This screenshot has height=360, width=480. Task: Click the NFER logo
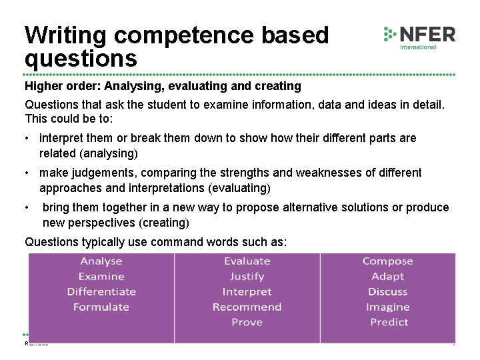pyautogui.click(x=419, y=36)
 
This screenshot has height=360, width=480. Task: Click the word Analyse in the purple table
pyautogui.click(x=101, y=261)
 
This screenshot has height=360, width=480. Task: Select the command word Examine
pyautogui.click(x=101, y=277)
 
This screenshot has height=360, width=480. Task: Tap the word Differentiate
pyautogui.click(x=101, y=292)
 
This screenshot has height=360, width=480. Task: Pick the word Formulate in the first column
pyautogui.click(x=101, y=307)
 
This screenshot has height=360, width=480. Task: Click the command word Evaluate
pyautogui.click(x=247, y=261)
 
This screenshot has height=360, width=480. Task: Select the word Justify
pyautogui.click(x=247, y=277)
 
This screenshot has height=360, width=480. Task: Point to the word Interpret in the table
pyautogui.click(x=247, y=292)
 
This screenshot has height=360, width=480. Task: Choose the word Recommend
pyautogui.click(x=247, y=307)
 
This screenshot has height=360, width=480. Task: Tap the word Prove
pyautogui.click(x=247, y=323)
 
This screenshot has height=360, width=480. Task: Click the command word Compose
pyautogui.click(x=388, y=261)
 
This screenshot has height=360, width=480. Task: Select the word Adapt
pyautogui.click(x=388, y=277)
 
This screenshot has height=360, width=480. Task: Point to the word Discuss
pyautogui.click(x=388, y=292)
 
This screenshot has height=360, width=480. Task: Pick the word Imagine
pyautogui.click(x=388, y=307)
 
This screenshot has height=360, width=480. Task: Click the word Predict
pyautogui.click(x=389, y=323)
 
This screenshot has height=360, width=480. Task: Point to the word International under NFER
pyautogui.click(x=418, y=47)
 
